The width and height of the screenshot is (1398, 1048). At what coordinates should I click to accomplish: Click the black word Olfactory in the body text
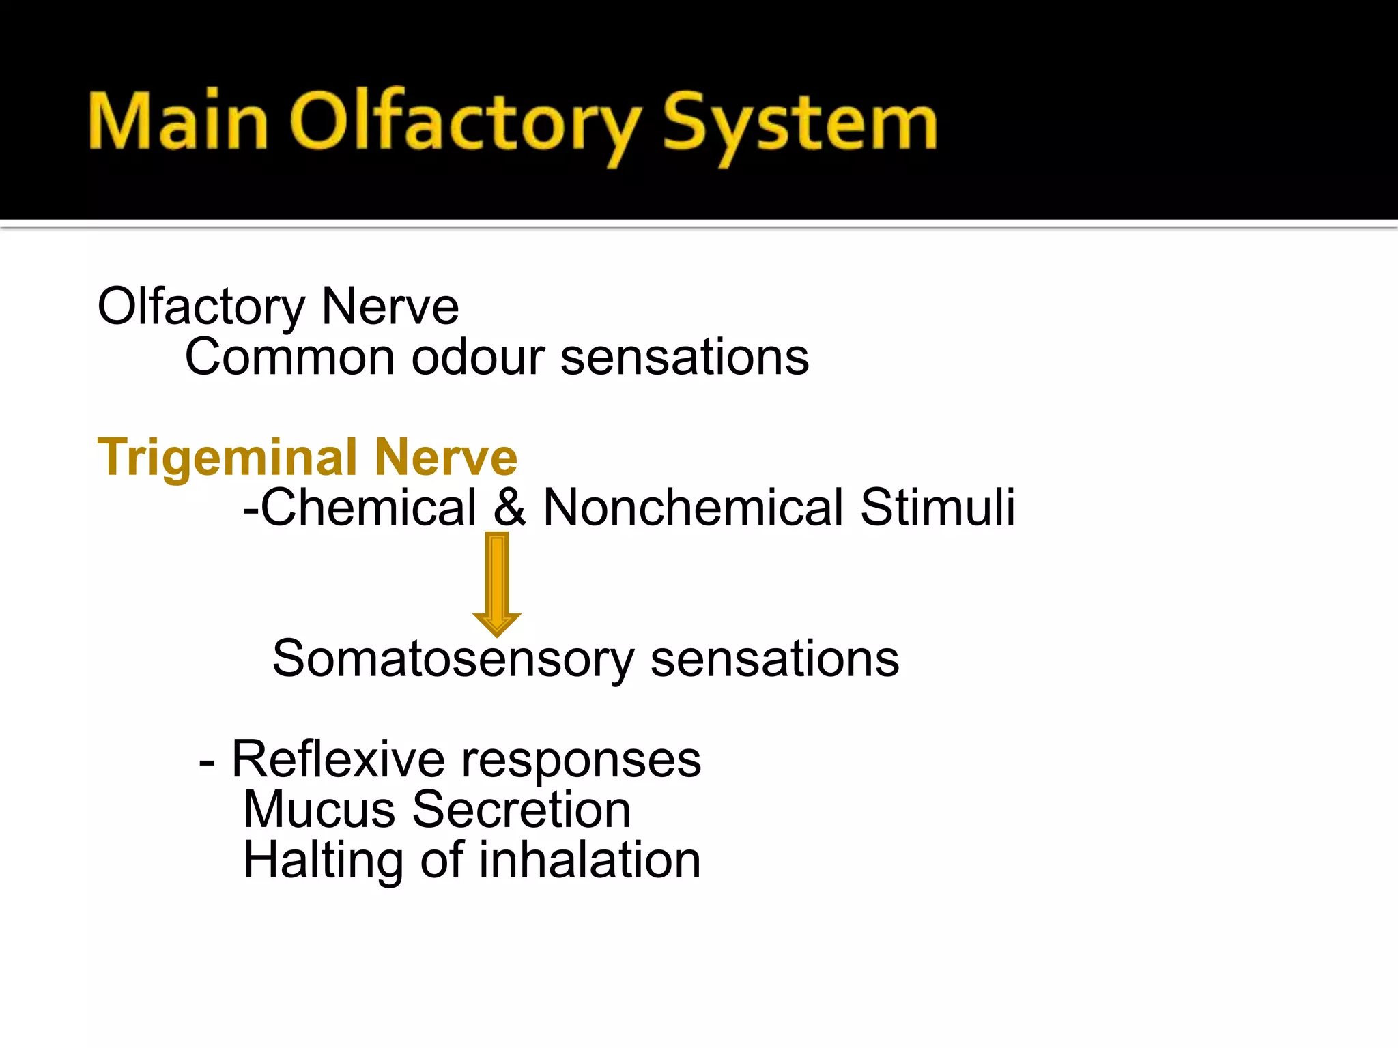(201, 307)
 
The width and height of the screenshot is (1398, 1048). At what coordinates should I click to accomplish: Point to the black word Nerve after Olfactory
(390, 307)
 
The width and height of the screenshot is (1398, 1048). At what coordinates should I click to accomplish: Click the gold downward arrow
(497, 583)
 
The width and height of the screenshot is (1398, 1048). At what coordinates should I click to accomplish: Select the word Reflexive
(339, 759)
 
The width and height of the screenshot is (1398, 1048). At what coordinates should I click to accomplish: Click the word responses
(581, 760)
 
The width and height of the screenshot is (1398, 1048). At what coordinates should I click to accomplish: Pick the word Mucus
(319, 810)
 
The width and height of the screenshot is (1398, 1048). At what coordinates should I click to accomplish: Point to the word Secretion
(522, 810)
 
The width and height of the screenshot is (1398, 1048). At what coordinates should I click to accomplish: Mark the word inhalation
(590, 860)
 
